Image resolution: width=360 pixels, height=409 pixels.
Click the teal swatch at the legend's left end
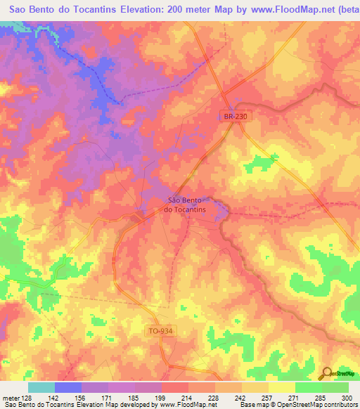click(x=41, y=388)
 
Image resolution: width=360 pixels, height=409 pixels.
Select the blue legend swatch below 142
click(x=68, y=388)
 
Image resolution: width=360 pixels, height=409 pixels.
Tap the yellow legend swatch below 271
click(x=281, y=388)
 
